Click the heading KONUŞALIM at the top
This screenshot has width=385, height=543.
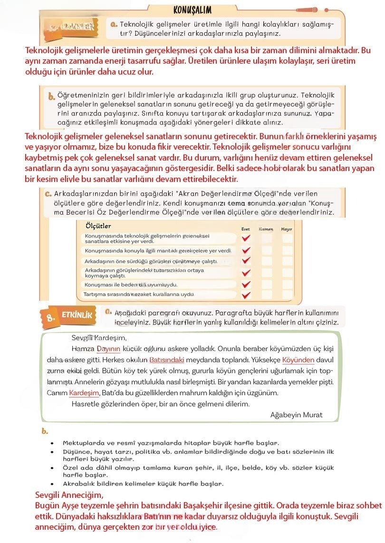click(192, 10)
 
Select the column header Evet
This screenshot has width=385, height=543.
click(245, 229)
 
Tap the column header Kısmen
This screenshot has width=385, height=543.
click(266, 229)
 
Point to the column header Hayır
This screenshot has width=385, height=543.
click(287, 229)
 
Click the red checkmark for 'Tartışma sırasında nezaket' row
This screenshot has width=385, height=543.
click(246, 295)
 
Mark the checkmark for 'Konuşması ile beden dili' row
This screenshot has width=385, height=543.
click(246, 284)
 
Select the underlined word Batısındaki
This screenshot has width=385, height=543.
click(166, 360)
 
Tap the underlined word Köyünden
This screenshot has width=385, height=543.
click(298, 360)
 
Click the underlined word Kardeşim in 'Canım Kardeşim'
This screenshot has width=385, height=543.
click(84, 393)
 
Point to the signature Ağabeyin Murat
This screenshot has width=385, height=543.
click(296, 415)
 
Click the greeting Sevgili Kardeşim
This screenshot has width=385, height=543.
click(99, 338)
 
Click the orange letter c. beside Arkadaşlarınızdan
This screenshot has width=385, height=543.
click(48, 194)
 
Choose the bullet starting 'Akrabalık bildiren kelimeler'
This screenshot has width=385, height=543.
click(143, 484)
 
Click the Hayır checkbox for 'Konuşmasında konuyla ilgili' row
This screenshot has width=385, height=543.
click(287, 250)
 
